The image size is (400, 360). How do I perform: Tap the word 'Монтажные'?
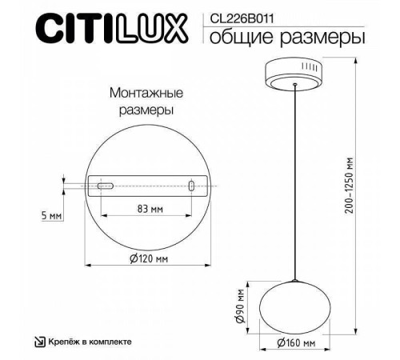(x=142, y=94)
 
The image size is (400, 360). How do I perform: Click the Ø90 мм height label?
(x=240, y=304)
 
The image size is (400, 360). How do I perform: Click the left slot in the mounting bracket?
(x=105, y=186)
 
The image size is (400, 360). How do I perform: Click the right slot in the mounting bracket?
(x=192, y=186)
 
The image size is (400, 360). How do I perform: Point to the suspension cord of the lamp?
(x=295, y=184)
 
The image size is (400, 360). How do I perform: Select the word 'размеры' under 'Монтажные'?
(x=142, y=109)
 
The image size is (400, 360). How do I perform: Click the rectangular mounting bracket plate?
(x=148, y=186)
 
